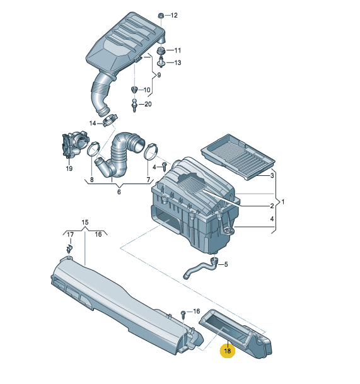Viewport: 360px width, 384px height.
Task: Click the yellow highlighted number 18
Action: coord(227,351)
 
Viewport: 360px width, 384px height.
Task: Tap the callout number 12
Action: coord(174,15)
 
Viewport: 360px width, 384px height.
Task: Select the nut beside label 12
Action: coord(161,15)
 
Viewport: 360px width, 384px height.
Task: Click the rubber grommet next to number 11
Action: coord(161,51)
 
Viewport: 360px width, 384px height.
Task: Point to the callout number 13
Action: coord(178,62)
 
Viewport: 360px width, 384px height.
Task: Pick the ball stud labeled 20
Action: coord(134,105)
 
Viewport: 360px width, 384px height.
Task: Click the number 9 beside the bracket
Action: coord(159,75)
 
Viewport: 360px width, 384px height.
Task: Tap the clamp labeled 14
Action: coord(110,120)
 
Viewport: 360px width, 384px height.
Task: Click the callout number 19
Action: coord(69,168)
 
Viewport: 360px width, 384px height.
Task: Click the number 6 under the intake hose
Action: coord(119,192)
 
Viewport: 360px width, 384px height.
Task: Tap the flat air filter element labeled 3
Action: coord(238,156)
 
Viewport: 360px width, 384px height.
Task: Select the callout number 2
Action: coord(272,206)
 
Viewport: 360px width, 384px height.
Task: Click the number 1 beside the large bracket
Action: coord(283,202)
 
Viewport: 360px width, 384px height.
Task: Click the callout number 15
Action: coord(84,223)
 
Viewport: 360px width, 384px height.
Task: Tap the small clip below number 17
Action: coord(69,248)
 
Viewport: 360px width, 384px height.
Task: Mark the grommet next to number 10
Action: coord(134,90)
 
